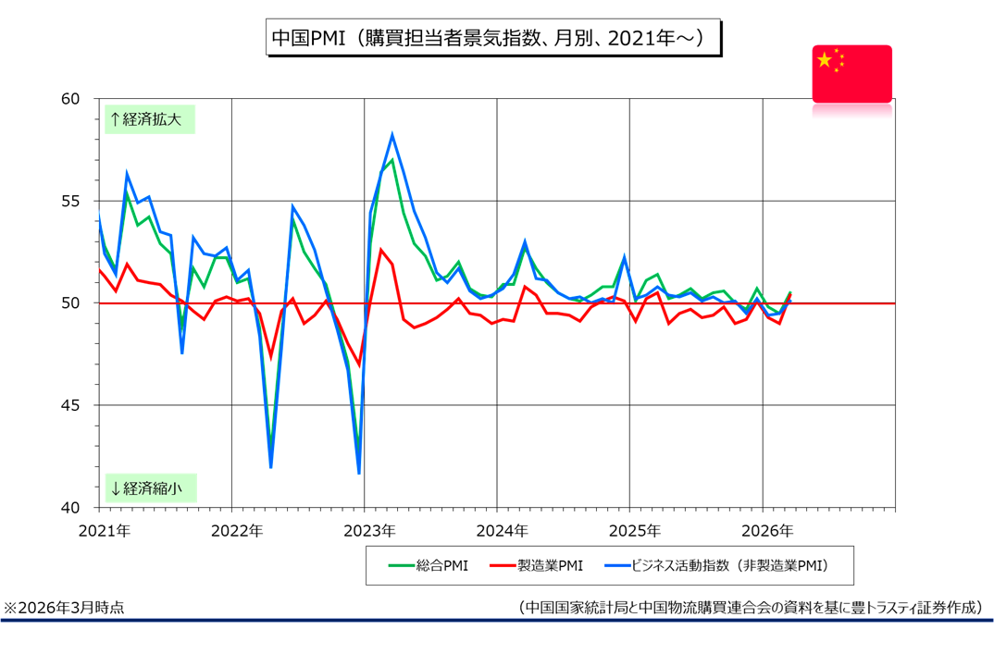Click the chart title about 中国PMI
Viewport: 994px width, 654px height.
tap(491, 39)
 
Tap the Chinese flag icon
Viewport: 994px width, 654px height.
tap(851, 73)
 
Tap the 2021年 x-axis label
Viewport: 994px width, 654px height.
tap(104, 531)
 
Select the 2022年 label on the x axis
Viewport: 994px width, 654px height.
tap(237, 531)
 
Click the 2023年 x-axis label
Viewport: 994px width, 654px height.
tap(369, 531)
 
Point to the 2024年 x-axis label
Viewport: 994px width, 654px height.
tap(503, 531)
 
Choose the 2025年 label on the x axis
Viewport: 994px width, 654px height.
tap(635, 531)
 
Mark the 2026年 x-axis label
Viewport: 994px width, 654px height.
tap(768, 531)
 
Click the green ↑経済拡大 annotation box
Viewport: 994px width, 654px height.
tap(149, 118)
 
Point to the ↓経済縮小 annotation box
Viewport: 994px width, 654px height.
tap(149, 487)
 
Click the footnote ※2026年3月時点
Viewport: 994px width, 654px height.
tap(64, 608)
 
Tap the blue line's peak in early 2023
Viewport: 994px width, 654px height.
tap(392, 135)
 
